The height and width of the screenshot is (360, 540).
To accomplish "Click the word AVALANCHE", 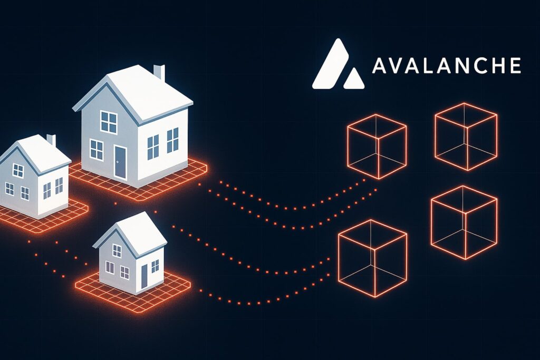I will tap(446, 66).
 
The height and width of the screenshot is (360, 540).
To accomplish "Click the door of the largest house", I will tap(121, 162).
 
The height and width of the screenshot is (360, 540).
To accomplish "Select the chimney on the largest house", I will tap(159, 72).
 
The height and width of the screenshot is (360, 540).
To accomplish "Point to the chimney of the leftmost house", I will tap(51, 140).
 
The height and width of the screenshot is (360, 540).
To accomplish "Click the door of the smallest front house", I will tap(144, 276).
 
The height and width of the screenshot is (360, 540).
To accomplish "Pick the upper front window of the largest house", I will tap(109, 122).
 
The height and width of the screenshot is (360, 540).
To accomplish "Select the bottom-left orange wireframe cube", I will tap(372, 258).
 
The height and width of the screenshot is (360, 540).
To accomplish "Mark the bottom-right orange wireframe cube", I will tap(464, 222).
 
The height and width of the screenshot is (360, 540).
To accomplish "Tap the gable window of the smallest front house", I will tap(117, 250).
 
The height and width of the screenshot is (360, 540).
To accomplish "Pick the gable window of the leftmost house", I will tap(18, 170).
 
